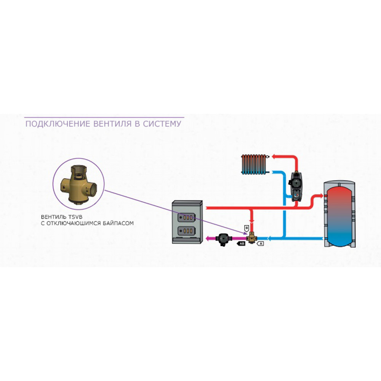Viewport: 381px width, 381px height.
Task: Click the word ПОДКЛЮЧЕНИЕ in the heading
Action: tap(58, 124)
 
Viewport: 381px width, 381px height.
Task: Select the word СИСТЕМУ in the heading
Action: tap(162, 124)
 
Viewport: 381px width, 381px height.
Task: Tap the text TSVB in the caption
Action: tap(74, 217)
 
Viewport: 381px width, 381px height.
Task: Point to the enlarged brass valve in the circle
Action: tap(78, 184)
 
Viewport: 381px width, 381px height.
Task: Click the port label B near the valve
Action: tap(247, 228)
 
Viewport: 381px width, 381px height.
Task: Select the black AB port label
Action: tap(241, 243)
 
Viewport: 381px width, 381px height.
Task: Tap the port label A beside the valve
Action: tap(261, 243)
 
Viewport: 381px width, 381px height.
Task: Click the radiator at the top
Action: tap(255, 164)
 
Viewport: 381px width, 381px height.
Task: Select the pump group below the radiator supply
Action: tap(295, 186)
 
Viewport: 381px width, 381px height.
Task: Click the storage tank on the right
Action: tap(339, 214)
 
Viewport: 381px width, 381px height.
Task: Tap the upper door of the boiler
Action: tap(186, 218)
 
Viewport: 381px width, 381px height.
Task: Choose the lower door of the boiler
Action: tap(186, 231)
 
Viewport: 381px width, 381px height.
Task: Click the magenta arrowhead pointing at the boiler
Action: tap(208, 239)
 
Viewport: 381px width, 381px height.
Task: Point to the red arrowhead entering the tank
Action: tap(321, 195)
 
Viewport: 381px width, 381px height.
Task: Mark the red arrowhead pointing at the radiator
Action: tap(273, 157)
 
